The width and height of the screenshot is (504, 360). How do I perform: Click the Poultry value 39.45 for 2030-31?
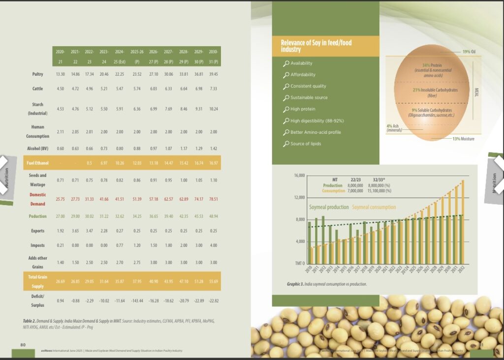(214, 74)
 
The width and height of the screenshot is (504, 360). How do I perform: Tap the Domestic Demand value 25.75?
(61, 199)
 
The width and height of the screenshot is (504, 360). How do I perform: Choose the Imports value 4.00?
(214, 245)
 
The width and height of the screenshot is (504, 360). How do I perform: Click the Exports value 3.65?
(75, 231)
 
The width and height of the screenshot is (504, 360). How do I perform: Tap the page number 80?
(23, 344)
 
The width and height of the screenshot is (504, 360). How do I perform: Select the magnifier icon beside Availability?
(286, 63)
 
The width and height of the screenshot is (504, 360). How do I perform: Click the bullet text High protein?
(303, 109)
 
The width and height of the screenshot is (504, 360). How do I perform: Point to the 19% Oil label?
(469, 52)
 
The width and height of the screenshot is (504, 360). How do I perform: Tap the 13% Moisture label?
(464, 139)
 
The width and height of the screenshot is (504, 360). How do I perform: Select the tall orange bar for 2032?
(463, 221)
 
